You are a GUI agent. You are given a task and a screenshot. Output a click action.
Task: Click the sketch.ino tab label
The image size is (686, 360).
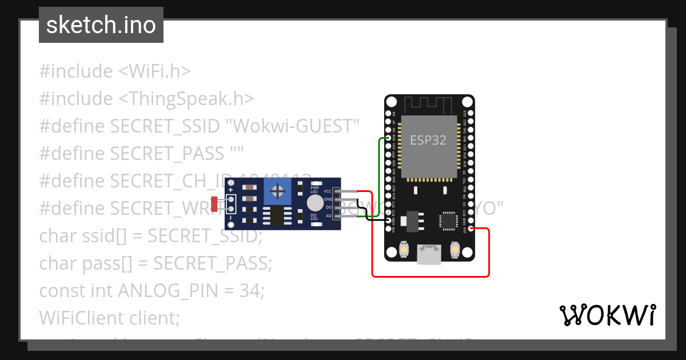point(101,25)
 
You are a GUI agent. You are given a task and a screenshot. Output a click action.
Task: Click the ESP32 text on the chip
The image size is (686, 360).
point(428,140)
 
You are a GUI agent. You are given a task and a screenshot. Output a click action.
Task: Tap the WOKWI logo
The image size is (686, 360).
point(607,315)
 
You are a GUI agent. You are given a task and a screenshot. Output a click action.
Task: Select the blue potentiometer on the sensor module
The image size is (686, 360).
point(278,189)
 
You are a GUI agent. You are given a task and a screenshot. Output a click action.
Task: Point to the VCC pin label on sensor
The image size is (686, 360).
point(328,191)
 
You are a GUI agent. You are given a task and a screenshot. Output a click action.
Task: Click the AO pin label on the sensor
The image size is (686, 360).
point(328,216)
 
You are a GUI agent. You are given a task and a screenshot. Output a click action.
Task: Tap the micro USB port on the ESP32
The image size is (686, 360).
point(429,254)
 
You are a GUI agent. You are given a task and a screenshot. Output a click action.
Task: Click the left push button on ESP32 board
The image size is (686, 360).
point(404,250)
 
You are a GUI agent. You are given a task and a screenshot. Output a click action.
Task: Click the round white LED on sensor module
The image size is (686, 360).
point(314,203)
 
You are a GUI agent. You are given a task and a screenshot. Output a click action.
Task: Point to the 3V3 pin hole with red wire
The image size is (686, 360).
point(470,229)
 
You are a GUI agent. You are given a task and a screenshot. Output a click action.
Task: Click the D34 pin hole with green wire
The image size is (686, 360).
point(389,138)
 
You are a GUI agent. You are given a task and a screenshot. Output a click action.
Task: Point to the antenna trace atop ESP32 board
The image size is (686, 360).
point(429,105)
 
